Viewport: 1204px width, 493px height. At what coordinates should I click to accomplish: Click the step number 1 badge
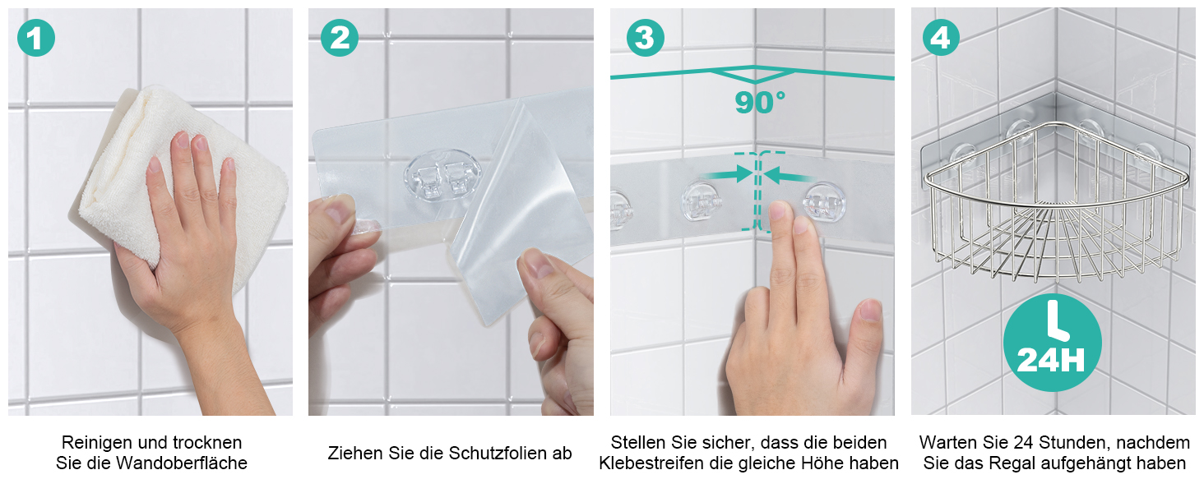point(36,38)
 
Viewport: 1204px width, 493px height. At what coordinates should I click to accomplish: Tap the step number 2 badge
point(340,38)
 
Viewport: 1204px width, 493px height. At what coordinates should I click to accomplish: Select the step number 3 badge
point(646,38)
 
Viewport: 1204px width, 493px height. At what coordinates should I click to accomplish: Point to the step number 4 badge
point(941,38)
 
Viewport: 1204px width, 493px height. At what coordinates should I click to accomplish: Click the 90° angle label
point(760,102)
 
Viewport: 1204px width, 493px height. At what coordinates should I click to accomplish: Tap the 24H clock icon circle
point(1053,343)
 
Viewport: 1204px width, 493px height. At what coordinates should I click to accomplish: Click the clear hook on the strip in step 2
point(442,175)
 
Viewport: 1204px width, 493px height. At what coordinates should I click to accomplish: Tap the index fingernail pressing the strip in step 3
point(778,211)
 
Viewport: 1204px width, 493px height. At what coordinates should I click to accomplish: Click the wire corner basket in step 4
point(1055,201)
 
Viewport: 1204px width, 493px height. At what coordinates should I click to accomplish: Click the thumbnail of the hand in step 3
point(869,311)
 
